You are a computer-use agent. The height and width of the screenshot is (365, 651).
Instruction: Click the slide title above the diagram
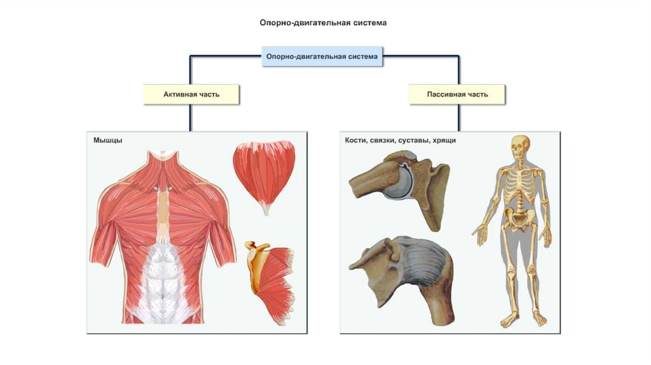pyautogui.click(x=322, y=22)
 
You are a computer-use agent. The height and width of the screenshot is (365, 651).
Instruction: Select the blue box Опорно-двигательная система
pyautogui.click(x=322, y=57)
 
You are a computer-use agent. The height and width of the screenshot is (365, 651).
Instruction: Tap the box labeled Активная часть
pyautogui.click(x=191, y=94)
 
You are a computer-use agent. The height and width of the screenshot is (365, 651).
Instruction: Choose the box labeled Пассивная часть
pyautogui.click(x=458, y=94)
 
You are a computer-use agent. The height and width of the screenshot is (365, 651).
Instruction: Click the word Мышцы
pyautogui.click(x=108, y=140)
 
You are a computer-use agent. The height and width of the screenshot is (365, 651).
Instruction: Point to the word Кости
pyautogui.click(x=356, y=140)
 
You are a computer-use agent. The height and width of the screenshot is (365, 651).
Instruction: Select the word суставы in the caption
pyautogui.click(x=415, y=140)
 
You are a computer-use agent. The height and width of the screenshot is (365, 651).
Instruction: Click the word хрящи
pyautogui.click(x=446, y=140)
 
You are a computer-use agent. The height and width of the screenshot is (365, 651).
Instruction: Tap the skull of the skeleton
pyautogui.click(x=521, y=148)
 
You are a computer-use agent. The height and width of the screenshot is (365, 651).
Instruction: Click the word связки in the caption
pyautogui.click(x=383, y=140)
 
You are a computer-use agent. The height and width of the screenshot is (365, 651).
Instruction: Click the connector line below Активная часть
pyautogui.click(x=190, y=118)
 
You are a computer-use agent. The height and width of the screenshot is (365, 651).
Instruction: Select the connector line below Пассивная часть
pyautogui.click(x=458, y=118)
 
